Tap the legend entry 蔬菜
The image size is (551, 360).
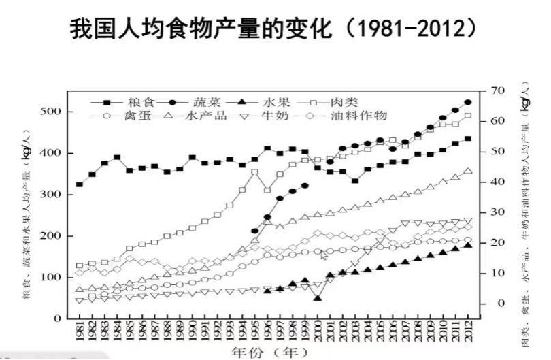(205, 102)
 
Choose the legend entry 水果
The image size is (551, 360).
(276, 102)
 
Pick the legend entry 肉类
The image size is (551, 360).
(343, 102)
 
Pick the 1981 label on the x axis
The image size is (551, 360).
(80, 331)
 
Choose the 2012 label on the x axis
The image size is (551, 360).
(468, 331)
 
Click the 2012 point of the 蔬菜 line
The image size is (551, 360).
(468, 102)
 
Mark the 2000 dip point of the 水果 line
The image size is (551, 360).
(318, 298)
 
